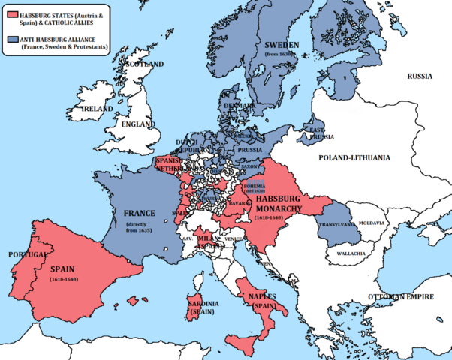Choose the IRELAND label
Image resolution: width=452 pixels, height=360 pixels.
point(97,109)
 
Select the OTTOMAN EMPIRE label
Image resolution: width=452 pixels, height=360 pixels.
point(399,297)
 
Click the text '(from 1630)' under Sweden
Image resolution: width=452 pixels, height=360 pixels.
point(283,55)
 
